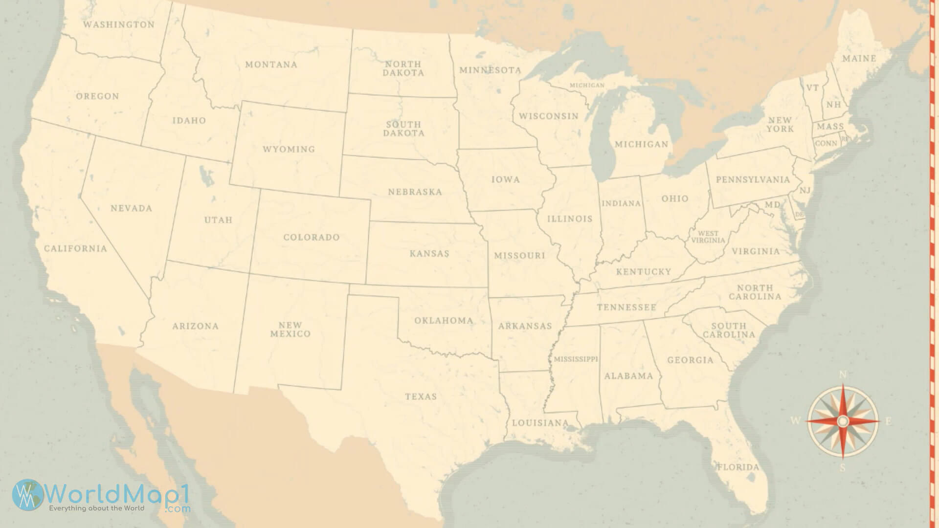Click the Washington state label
[x=118, y=24]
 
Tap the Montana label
[x=271, y=65]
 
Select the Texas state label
[x=421, y=396]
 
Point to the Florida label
[x=738, y=467]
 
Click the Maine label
[x=859, y=59]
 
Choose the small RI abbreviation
[x=845, y=139]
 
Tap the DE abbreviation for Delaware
[x=800, y=214]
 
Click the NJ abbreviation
[x=805, y=190]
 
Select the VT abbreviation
[x=812, y=88]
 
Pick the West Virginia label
[x=708, y=237]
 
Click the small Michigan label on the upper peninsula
[x=587, y=85]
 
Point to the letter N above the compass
[x=843, y=375]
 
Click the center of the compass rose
[x=842, y=421]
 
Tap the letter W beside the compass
[x=796, y=421]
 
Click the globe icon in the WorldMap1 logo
[x=27, y=495]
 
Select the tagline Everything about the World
[x=96, y=508]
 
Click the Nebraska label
[x=415, y=192]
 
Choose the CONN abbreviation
[x=826, y=143]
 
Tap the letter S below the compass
[x=842, y=468]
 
